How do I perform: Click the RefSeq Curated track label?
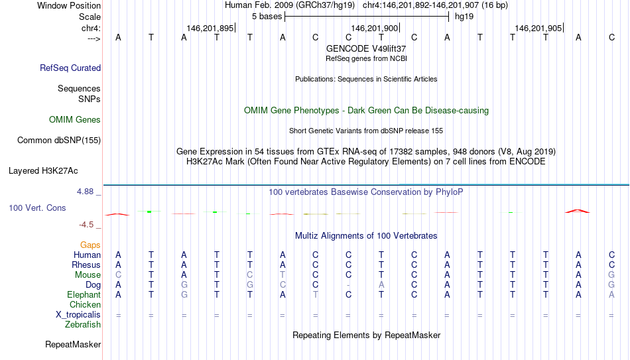(70, 68)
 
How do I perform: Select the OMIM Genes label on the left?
(75, 120)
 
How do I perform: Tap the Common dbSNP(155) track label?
(59, 141)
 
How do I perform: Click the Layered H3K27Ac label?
(43, 171)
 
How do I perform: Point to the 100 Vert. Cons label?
(37, 208)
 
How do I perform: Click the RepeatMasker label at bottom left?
(73, 344)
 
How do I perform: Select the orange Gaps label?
(90, 245)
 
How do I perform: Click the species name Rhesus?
(86, 265)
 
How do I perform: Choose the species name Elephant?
(84, 295)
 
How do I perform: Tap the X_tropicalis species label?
(78, 315)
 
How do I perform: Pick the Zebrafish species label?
(83, 324)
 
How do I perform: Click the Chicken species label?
(85, 304)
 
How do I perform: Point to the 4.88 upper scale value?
(85, 192)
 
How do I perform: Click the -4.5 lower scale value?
(86, 225)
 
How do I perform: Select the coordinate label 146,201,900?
(374, 28)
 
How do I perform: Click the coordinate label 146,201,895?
(210, 28)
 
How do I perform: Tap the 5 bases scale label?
(267, 17)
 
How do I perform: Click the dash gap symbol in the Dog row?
(348, 285)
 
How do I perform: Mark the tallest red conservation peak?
(578, 211)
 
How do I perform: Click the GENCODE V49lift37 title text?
(366, 48)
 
